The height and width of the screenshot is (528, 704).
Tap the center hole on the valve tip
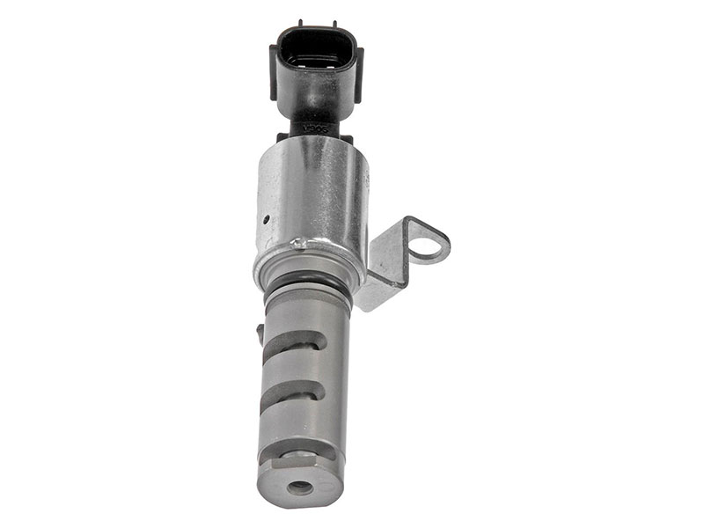click(x=300, y=487)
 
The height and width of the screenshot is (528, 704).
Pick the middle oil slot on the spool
click(x=295, y=393)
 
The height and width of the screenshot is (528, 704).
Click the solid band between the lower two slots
click(x=299, y=422)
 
